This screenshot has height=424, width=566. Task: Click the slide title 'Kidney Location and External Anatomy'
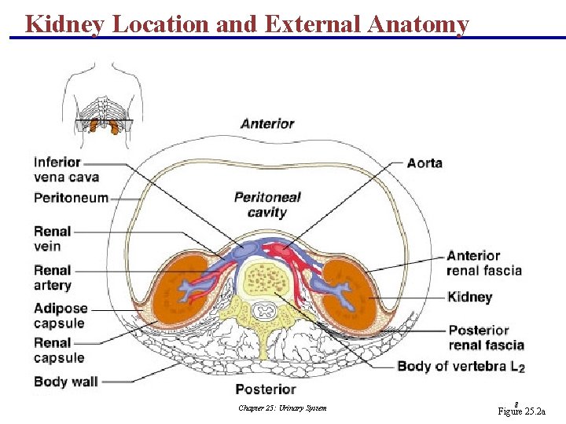(x=247, y=24)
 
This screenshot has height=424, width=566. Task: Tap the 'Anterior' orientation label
(x=267, y=123)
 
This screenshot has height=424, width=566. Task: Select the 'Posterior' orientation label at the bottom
(x=266, y=389)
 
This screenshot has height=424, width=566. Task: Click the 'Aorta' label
(x=424, y=163)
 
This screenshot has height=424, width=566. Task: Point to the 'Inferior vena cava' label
(x=66, y=170)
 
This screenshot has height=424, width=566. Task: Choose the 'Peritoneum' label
(x=71, y=198)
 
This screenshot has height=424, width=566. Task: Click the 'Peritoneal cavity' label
(x=267, y=204)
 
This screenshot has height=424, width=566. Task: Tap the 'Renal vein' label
(x=52, y=239)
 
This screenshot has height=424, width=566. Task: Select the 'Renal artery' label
(x=52, y=277)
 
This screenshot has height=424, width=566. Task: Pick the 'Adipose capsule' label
(x=61, y=316)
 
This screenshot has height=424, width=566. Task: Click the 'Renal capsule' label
(x=58, y=350)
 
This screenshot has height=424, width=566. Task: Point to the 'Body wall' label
(x=65, y=382)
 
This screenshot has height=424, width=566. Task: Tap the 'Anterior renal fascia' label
(x=483, y=263)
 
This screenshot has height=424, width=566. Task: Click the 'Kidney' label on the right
(x=469, y=297)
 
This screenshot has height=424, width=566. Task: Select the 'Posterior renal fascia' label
(x=486, y=338)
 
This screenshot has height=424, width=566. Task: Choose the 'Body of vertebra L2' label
(x=461, y=366)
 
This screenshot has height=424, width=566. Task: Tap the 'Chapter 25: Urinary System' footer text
(x=282, y=408)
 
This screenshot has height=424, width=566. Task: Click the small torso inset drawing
(x=105, y=98)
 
